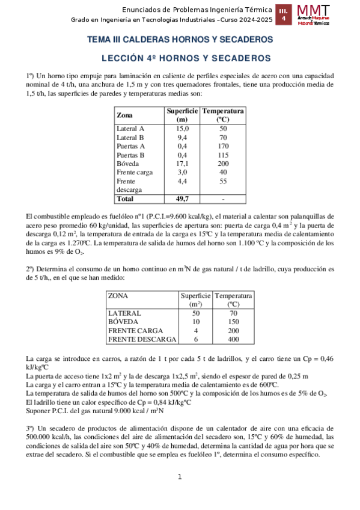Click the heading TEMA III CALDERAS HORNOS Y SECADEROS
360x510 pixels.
click(180, 40)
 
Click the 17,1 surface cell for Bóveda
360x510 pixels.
click(182, 163)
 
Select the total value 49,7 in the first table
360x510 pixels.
click(182, 198)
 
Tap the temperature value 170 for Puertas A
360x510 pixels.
click(223, 146)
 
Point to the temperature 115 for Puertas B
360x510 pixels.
click(223, 155)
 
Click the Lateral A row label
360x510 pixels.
click(130, 129)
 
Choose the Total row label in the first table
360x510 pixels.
click(125, 198)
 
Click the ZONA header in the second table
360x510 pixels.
click(118, 296)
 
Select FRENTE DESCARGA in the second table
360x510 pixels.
click(142, 340)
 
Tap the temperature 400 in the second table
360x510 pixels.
click(233, 340)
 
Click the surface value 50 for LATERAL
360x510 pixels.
click(195, 313)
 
